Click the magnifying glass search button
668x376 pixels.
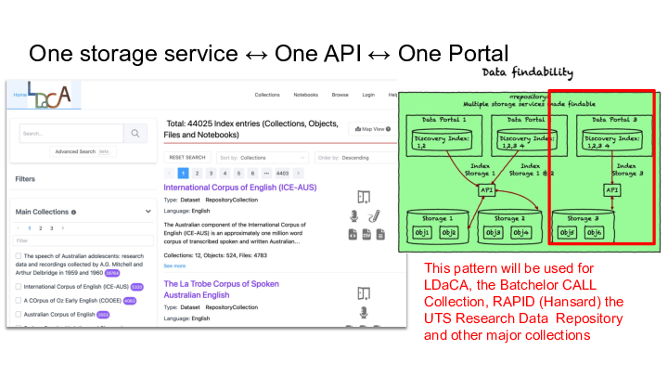pos(135,134)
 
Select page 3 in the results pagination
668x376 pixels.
pos(211,173)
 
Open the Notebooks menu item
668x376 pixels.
pos(305,95)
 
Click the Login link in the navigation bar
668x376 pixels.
pos(368,95)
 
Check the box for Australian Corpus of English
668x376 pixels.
pos(19,315)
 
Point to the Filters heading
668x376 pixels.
pos(26,179)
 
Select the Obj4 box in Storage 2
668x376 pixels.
pos(520,231)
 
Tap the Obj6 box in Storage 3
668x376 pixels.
pos(619,231)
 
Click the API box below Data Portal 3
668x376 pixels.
pos(611,189)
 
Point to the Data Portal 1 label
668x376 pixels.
pos(443,121)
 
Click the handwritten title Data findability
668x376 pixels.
pos(528,73)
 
